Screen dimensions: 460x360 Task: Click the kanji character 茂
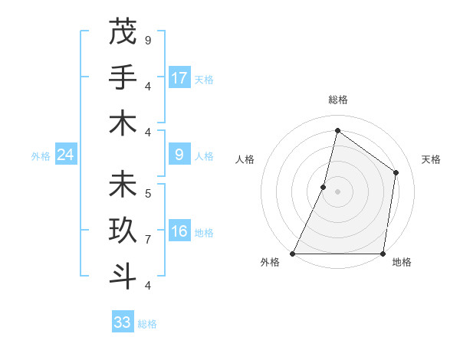pyautogui.click(x=122, y=32)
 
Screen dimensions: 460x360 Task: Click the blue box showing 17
pyautogui.click(x=179, y=78)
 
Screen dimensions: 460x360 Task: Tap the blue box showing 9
pyautogui.click(x=179, y=155)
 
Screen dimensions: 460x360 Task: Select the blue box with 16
pyautogui.click(x=179, y=232)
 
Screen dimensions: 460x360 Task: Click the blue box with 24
pyautogui.click(x=65, y=155)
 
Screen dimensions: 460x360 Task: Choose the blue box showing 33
pyautogui.click(x=122, y=322)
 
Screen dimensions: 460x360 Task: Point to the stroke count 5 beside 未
pyautogui.click(x=148, y=193)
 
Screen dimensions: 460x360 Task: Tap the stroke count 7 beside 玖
pyautogui.click(x=148, y=239)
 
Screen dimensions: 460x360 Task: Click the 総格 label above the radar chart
pyautogui.click(x=337, y=100)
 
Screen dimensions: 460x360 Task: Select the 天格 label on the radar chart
pyautogui.click(x=431, y=159)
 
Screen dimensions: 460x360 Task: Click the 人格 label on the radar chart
pyautogui.click(x=245, y=159)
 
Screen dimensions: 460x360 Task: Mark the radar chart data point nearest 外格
pyautogui.click(x=293, y=254)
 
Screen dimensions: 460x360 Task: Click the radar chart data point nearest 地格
pyautogui.click(x=383, y=254)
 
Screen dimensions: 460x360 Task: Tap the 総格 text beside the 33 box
pyautogui.click(x=147, y=324)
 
